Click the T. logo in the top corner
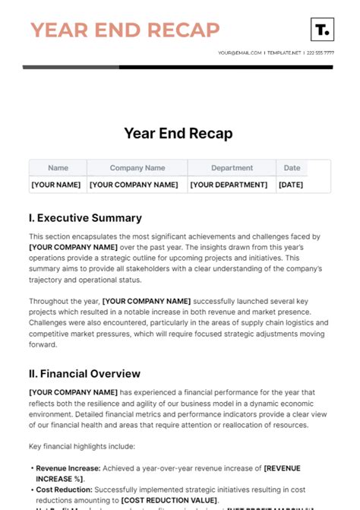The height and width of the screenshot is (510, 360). (322, 30)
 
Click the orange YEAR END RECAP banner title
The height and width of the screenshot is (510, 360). (125, 30)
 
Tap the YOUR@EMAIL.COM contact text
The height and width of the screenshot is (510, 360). (239, 53)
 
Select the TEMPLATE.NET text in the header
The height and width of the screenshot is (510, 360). (284, 53)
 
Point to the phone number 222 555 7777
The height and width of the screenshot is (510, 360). (320, 53)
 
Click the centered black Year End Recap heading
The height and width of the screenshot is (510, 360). (178, 133)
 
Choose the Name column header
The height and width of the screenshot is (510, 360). (58, 168)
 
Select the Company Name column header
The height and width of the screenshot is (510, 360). (137, 168)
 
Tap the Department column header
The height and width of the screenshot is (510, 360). (232, 168)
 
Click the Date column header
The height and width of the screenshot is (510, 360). (292, 168)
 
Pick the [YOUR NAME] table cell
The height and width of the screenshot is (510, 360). (55, 185)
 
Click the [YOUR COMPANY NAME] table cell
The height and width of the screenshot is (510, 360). (134, 185)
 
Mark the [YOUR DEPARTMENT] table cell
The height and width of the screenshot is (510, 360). (229, 185)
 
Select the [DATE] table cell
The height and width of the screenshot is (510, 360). (291, 185)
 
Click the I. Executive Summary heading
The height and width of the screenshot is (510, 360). (85, 218)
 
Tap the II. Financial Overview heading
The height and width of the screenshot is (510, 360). (84, 374)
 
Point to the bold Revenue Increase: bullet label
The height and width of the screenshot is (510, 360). (68, 468)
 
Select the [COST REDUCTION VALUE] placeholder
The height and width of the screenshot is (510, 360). (169, 500)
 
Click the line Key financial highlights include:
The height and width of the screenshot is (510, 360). (82, 446)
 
